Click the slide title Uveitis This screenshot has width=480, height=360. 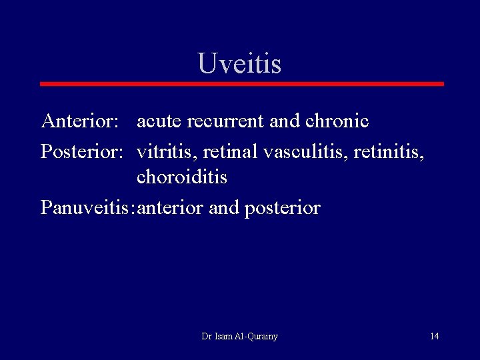coord(239,64)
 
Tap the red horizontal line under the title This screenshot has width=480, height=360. coord(241,84)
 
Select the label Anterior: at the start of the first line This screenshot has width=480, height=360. coord(80,121)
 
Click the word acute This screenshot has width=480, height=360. coord(159,121)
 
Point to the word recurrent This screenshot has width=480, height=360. coord(225,121)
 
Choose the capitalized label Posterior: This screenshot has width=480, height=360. coord(82,151)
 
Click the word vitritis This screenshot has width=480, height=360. coord(167,151)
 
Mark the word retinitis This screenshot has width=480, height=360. coord(388,151)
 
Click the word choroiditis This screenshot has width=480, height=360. coord(182,178)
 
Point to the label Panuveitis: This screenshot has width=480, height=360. coord(87,208)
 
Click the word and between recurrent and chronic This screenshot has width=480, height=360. coord(285,121)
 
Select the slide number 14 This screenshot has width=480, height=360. coord(435,336)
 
